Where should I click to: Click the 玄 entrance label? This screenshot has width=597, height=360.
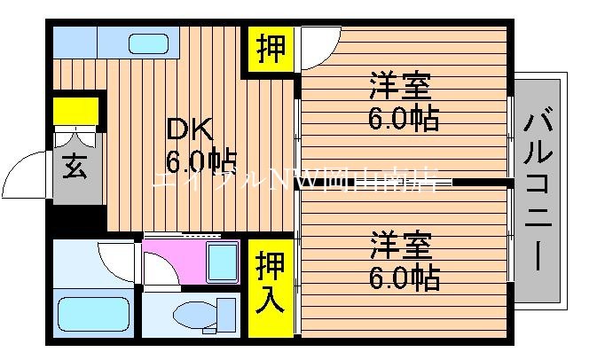pyautogui.click(x=75, y=168)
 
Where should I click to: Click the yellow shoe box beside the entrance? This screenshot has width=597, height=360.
pyautogui.click(x=75, y=110)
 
